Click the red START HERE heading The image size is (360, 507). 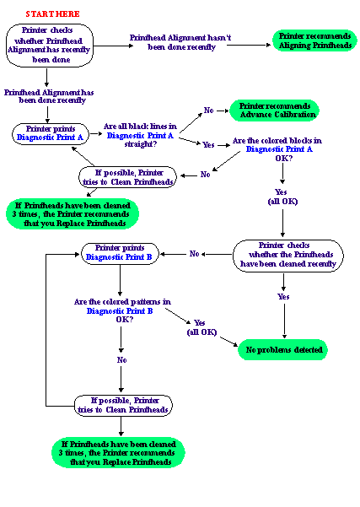click(x=52, y=14)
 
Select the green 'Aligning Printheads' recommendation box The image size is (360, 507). click(x=314, y=40)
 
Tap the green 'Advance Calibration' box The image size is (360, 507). click(x=274, y=111)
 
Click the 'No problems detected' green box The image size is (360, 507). click(x=283, y=349)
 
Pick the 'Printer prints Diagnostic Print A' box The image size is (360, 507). click(x=50, y=133)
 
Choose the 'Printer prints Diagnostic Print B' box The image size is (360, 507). click(x=120, y=254)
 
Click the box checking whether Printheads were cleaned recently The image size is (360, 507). click(x=288, y=256)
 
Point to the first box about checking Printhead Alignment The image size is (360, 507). click(x=50, y=46)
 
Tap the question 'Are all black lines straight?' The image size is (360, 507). click(x=140, y=135)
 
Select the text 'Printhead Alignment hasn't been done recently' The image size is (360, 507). click(x=180, y=42)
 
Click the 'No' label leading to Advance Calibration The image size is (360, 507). click(x=209, y=111)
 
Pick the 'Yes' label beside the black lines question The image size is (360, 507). click(x=208, y=144)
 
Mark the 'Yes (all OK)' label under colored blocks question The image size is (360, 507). click(x=282, y=197)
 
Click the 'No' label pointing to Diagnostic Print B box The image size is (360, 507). click(x=194, y=254)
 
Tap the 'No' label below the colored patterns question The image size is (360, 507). click(x=121, y=360)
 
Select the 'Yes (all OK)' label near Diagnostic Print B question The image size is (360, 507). click(x=201, y=327)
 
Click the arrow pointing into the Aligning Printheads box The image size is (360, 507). click(x=249, y=45)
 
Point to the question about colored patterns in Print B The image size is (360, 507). click(x=122, y=310)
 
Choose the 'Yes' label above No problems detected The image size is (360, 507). click(x=283, y=296)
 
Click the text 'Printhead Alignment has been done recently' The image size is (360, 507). click(x=49, y=96)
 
